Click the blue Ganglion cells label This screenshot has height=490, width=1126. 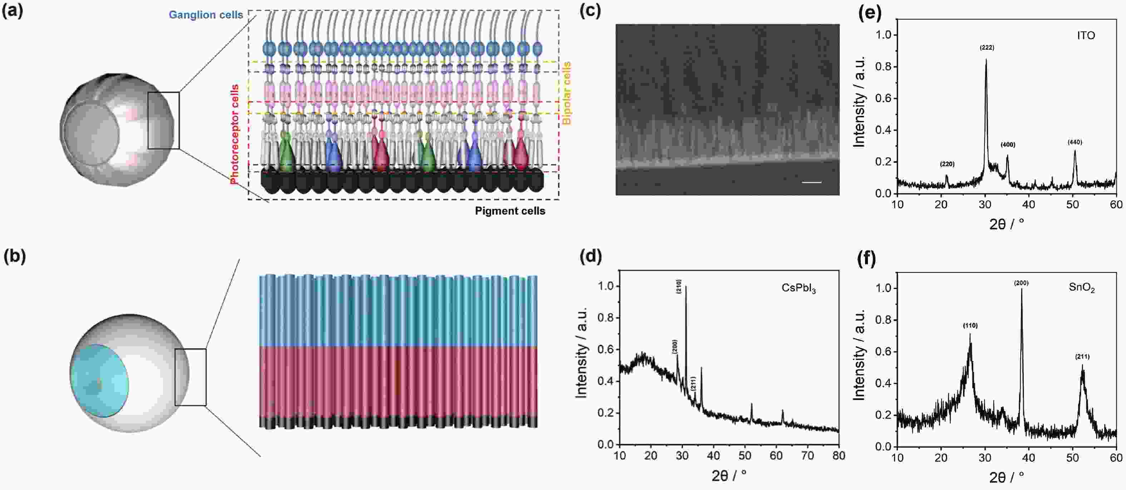pos(206,15)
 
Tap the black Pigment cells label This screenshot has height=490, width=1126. pos(510,211)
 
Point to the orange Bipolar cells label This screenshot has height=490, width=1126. pos(567,93)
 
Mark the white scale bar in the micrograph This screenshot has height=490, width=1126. pos(811,182)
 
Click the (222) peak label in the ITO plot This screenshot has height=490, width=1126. pos(987,48)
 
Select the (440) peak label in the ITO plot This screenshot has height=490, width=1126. pos(1075,142)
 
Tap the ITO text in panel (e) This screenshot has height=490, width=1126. pos(1086,35)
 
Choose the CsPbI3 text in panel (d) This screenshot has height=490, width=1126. pos(799,289)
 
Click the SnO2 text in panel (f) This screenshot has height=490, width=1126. pos(1081,288)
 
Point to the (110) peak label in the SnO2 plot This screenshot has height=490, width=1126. pos(970,325)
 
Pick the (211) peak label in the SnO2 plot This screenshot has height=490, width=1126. pos(1082,357)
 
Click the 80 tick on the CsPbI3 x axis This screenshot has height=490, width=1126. pos(838,455)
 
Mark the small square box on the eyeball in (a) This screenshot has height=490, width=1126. pos(163,120)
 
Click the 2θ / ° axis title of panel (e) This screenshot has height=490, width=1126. pos(1006,224)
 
